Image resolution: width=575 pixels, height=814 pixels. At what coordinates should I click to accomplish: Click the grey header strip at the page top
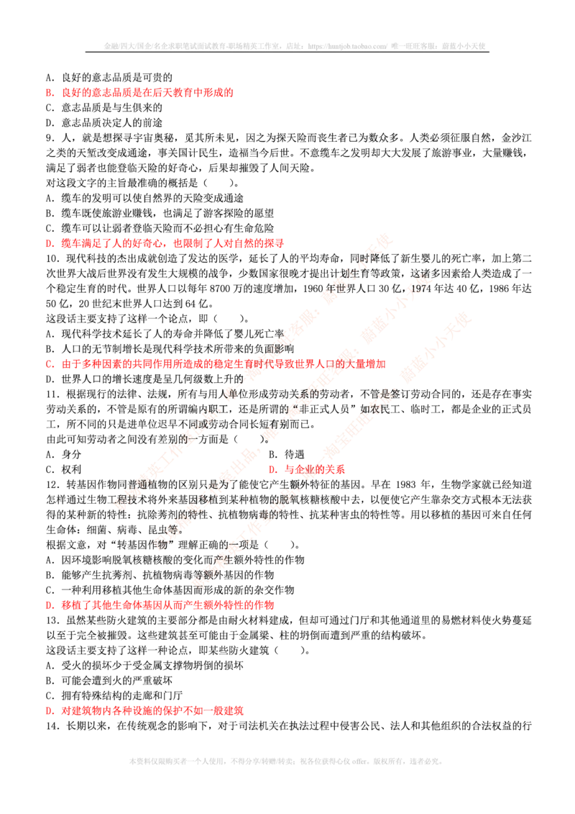(x=296, y=45)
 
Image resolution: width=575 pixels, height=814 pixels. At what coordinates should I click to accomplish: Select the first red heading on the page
(x=141, y=93)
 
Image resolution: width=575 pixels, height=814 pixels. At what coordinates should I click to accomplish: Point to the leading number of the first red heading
(x=47, y=93)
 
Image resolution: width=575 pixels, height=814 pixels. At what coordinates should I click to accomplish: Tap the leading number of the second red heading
(x=47, y=244)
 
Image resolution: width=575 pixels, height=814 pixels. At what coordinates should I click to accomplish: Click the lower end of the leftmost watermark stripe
(x=117, y=504)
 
